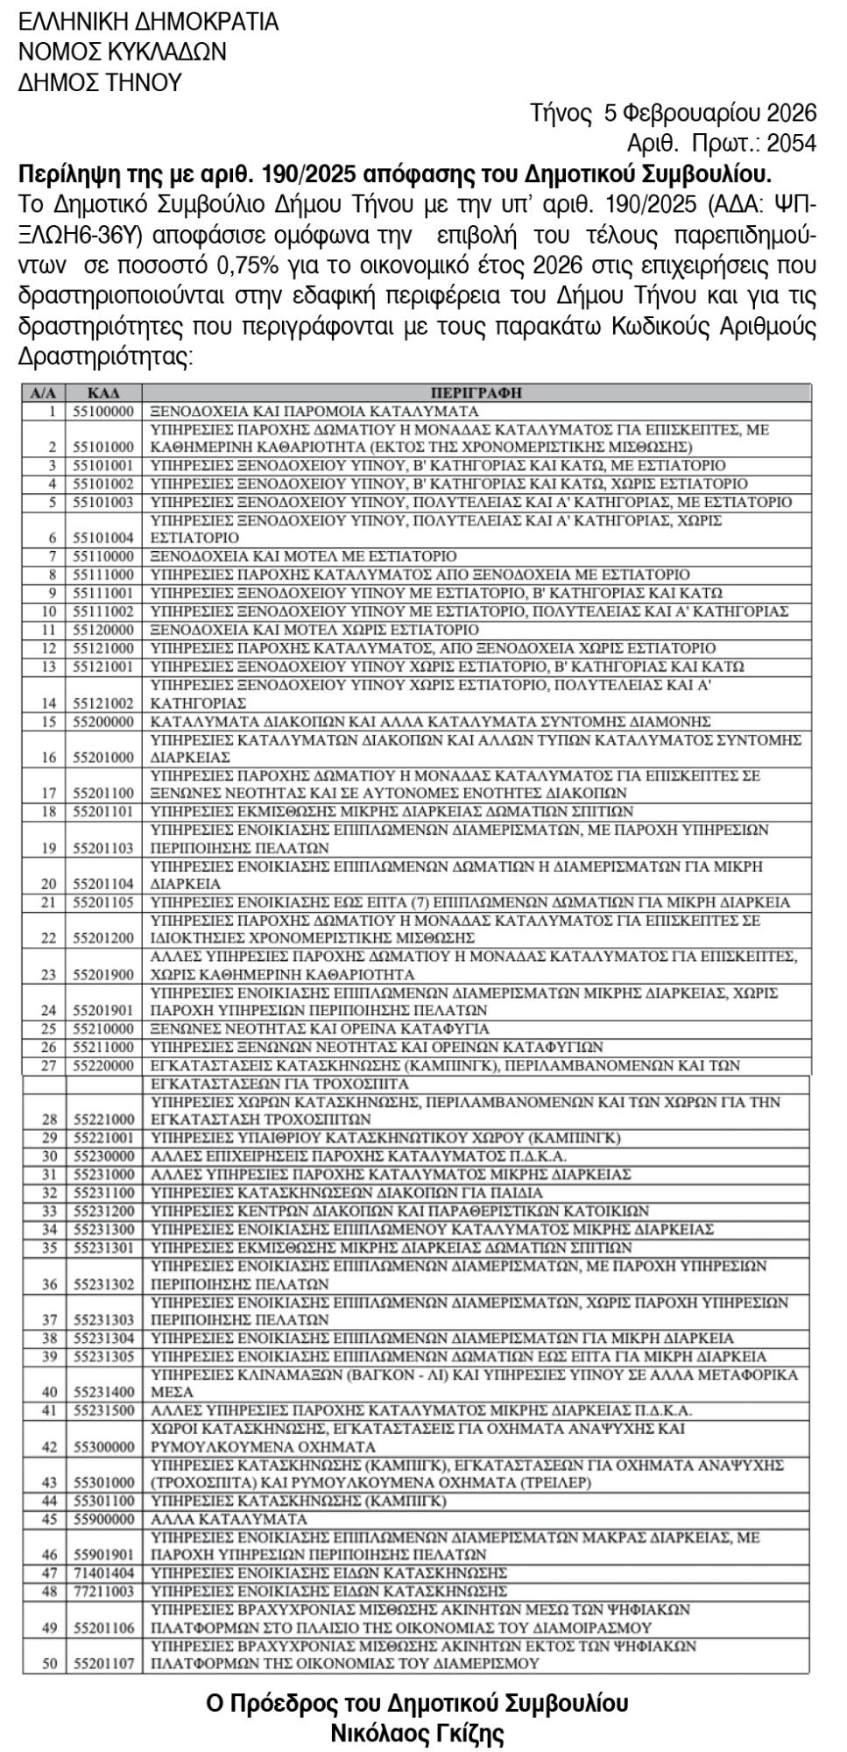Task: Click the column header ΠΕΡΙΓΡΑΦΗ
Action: (x=476, y=392)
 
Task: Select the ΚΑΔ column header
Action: (x=103, y=392)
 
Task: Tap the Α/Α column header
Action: (x=43, y=392)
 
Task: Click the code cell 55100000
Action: (x=103, y=411)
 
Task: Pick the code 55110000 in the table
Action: (x=103, y=556)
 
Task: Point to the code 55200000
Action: (x=103, y=722)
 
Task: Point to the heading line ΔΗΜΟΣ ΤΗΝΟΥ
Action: (x=100, y=82)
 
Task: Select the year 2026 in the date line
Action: (x=791, y=113)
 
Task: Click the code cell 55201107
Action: (x=103, y=1664)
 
